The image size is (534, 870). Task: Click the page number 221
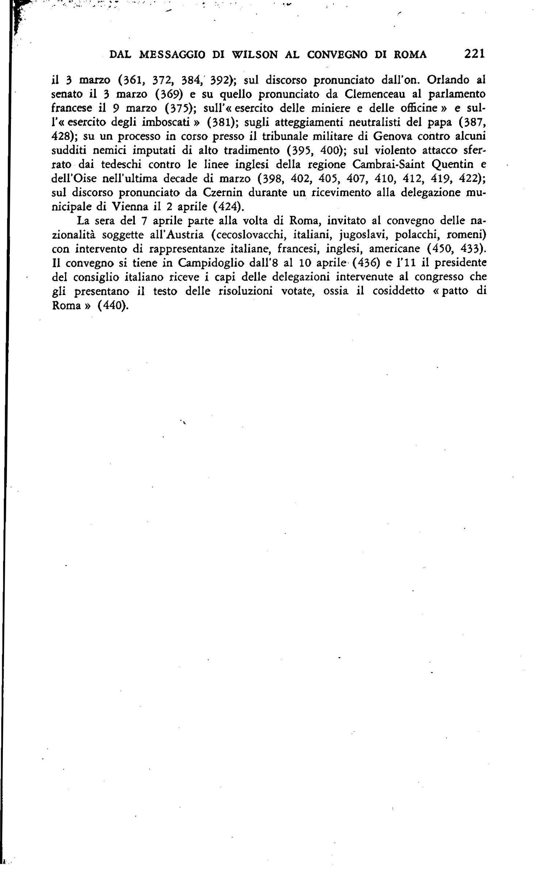point(474,54)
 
